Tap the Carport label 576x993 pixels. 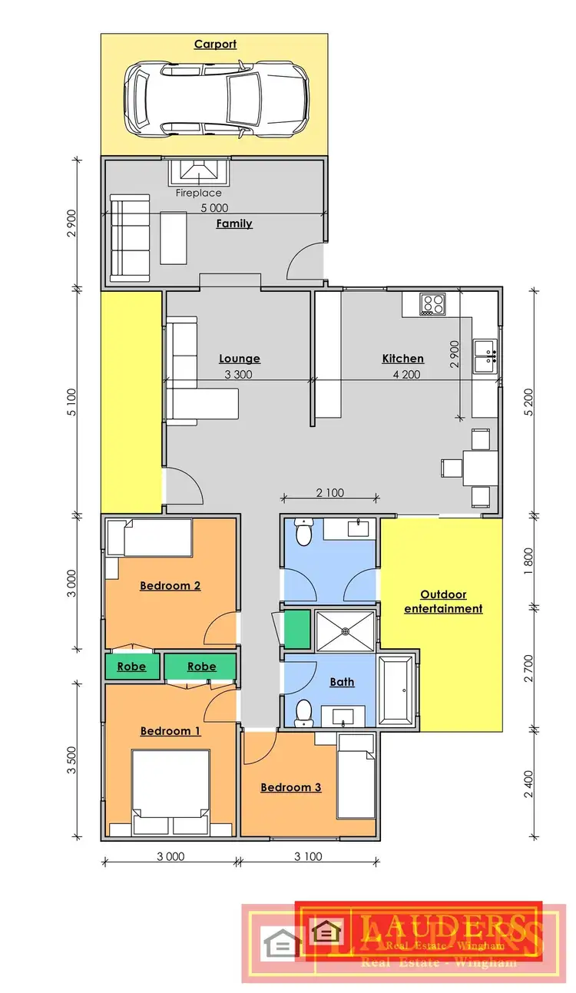pyautogui.click(x=215, y=45)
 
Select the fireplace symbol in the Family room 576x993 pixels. pyautogui.click(x=199, y=172)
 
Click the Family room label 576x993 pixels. pyautogui.click(x=234, y=224)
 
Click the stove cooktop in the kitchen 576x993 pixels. pyautogui.click(x=432, y=304)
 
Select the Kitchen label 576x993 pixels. pyautogui.click(x=402, y=359)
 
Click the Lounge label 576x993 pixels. pyautogui.click(x=240, y=359)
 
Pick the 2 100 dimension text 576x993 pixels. pyautogui.click(x=329, y=493)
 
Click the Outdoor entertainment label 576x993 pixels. pyautogui.click(x=443, y=602)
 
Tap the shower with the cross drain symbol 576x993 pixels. pyautogui.click(x=346, y=631)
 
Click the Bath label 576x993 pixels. pyautogui.click(x=342, y=682)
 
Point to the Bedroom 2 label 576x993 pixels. pyautogui.click(x=170, y=586)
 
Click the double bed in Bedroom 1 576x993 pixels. pyautogui.click(x=170, y=793)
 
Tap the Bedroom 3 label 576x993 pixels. pyautogui.click(x=290, y=787)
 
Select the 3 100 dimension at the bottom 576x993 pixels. pyautogui.click(x=307, y=857)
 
